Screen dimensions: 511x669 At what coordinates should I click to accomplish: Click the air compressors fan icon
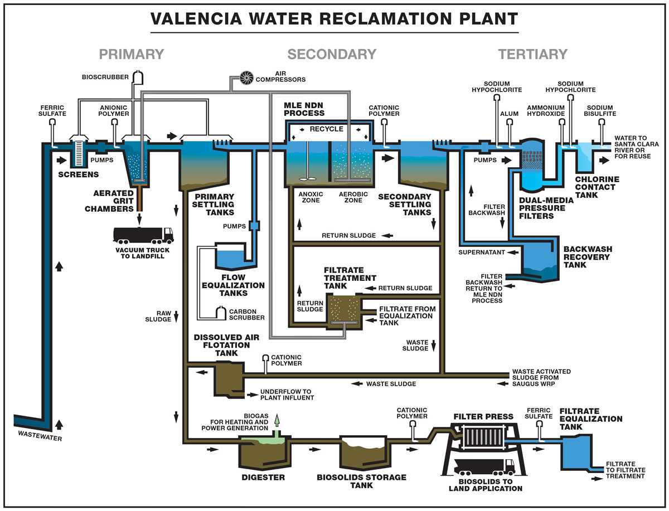tap(246, 78)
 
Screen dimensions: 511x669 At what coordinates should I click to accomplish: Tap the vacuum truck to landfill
tap(143, 235)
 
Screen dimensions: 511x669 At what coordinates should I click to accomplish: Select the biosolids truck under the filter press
tap(484, 466)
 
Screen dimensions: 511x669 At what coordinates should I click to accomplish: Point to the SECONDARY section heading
tap(332, 55)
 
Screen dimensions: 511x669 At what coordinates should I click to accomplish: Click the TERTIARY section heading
tap(532, 55)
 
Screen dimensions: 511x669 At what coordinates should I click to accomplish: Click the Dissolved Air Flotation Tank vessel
tap(228, 377)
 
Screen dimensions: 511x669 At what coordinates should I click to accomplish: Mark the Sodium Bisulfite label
tap(599, 111)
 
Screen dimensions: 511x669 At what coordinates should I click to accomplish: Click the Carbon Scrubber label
tap(246, 314)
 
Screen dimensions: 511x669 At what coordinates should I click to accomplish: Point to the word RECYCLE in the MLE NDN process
tap(327, 129)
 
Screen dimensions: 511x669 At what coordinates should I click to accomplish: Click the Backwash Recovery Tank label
tap(586, 256)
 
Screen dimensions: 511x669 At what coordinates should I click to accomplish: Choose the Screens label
tap(78, 174)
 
